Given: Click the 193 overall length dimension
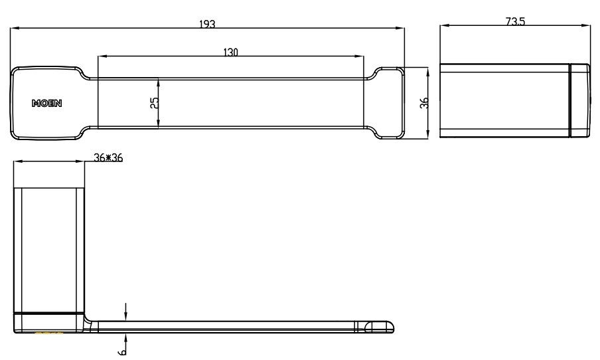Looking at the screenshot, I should pyautogui.click(x=208, y=23).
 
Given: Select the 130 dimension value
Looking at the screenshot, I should pyautogui.click(x=230, y=52).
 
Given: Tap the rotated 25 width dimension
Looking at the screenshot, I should pyautogui.click(x=154, y=102).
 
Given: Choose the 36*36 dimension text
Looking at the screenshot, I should pyautogui.click(x=109, y=157).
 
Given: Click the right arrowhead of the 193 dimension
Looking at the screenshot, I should pyautogui.click(x=400, y=28).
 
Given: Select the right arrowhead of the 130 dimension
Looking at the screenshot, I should pyautogui.click(x=360, y=56).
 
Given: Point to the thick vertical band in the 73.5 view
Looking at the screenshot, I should pyautogui.click(x=569, y=101).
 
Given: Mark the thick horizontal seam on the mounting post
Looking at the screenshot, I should pyautogui.click(x=50, y=312).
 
